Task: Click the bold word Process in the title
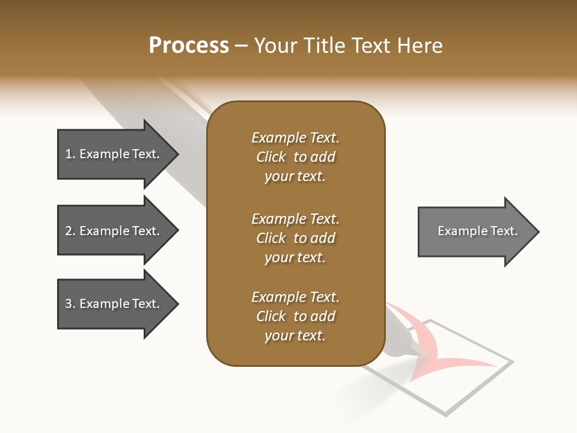189,46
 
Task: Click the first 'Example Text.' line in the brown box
295,138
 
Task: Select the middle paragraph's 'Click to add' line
295,238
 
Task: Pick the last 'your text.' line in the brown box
295,336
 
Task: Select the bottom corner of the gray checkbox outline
446,415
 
